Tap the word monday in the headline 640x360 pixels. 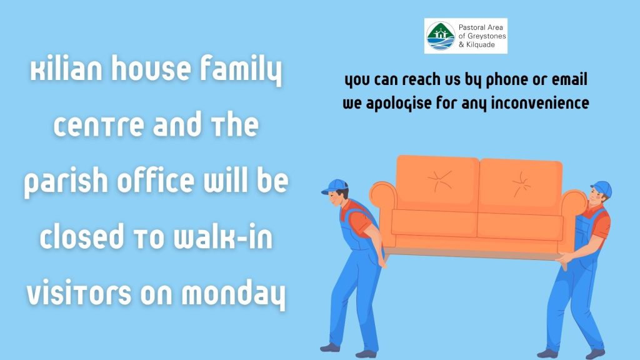tap(233, 294)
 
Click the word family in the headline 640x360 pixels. tap(241, 69)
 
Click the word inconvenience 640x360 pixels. tap(540, 102)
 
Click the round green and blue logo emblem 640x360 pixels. tap(441, 36)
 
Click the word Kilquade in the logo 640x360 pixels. tap(481, 45)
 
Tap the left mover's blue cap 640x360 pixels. tap(334, 186)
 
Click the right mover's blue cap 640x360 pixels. tap(602, 188)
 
